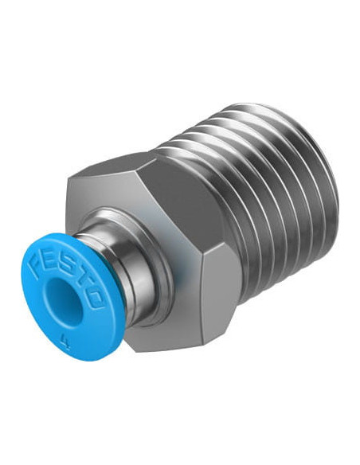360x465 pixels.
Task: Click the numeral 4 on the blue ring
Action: [63, 338]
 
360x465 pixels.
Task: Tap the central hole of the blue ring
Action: [65, 299]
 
